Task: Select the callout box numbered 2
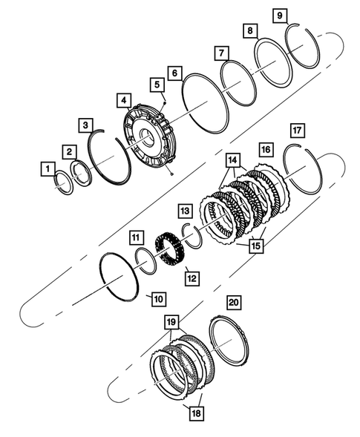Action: click(68, 151)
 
